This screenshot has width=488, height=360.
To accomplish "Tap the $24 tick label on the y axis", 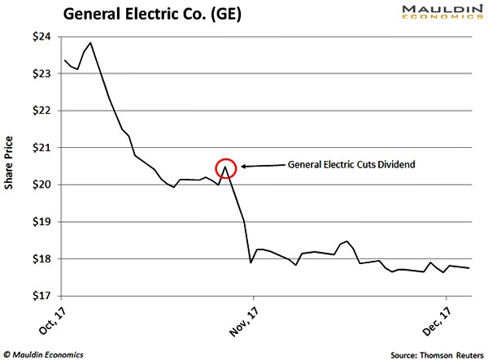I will tap(41, 37).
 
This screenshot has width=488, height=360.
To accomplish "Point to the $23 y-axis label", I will tap(41, 74).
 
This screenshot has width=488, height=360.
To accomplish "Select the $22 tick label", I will tap(41, 111).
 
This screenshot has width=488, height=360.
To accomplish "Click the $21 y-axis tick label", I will tap(41, 148).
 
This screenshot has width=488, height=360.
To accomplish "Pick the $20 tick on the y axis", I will tap(41, 184).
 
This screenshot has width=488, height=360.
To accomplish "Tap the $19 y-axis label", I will tap(41, 222).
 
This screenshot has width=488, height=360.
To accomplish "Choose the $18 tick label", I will tap(41, 259).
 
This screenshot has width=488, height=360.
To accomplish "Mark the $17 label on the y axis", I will tap(41, 296).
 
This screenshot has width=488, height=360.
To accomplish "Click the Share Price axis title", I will tap(11, 167).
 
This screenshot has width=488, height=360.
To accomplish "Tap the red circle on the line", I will tap(226, 168).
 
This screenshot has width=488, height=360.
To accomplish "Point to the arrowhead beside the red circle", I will tap(243, 167).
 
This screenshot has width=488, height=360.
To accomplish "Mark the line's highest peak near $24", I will tap(89, 42).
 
